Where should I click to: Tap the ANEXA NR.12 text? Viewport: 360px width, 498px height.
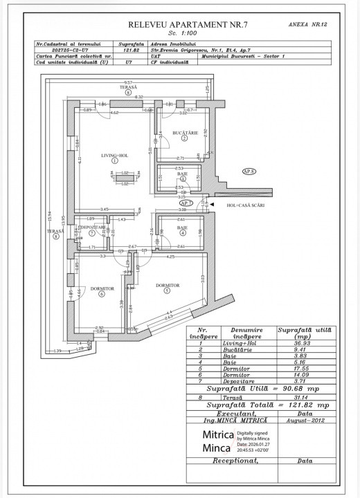tap(307, 24)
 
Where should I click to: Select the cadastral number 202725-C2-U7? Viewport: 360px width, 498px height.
tap(71, 49)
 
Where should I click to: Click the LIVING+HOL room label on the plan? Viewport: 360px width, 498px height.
tap(114, 156)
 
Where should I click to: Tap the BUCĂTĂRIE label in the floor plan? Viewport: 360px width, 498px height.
tap(185, 131)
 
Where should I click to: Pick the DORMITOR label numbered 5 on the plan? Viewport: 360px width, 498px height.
tap(168, 285)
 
